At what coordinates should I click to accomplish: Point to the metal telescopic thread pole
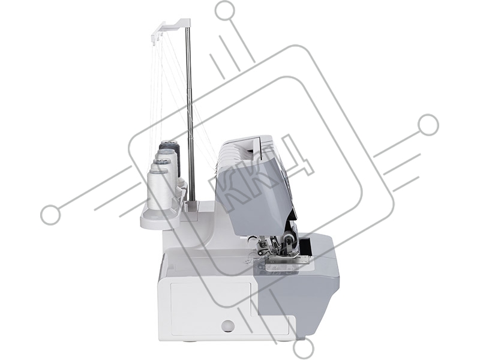pyautogui.click(x=190, y=113)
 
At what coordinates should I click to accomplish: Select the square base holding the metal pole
pyautogui.click(x=193, y=206)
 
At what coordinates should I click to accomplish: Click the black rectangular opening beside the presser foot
pyautogui.click(x=305, y=247)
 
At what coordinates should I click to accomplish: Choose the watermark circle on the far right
pyautogui.click(x=428, y=125)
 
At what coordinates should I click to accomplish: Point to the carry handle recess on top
pyautogui.click(x=250, y=145)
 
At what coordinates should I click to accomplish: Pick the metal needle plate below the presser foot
pyautogui.click(x=286, y=267)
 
